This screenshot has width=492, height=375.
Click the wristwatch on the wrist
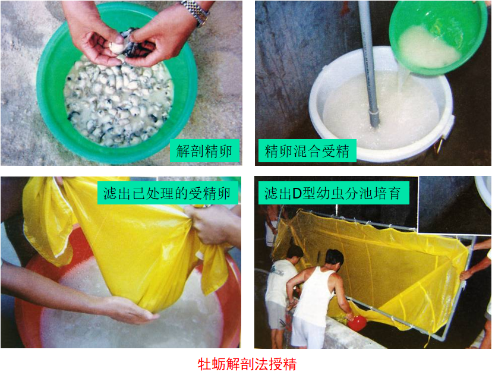(195, 12)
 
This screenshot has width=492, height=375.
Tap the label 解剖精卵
(204, 152)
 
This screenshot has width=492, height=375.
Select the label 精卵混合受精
(307, 151)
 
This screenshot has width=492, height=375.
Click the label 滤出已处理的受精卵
(167, 193)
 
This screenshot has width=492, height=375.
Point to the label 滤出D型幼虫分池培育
(333, 193)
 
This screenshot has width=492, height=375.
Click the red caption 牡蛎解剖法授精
(247, 364)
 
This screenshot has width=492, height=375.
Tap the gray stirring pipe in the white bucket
(369, 64)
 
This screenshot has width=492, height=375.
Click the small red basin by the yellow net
(357, 323)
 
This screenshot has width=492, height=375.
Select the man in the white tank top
(317, 298)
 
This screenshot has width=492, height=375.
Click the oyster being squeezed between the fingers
(117, 48)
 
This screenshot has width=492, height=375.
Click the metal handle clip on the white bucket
(439, 144)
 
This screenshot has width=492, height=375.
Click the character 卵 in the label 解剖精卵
(226, 152)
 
